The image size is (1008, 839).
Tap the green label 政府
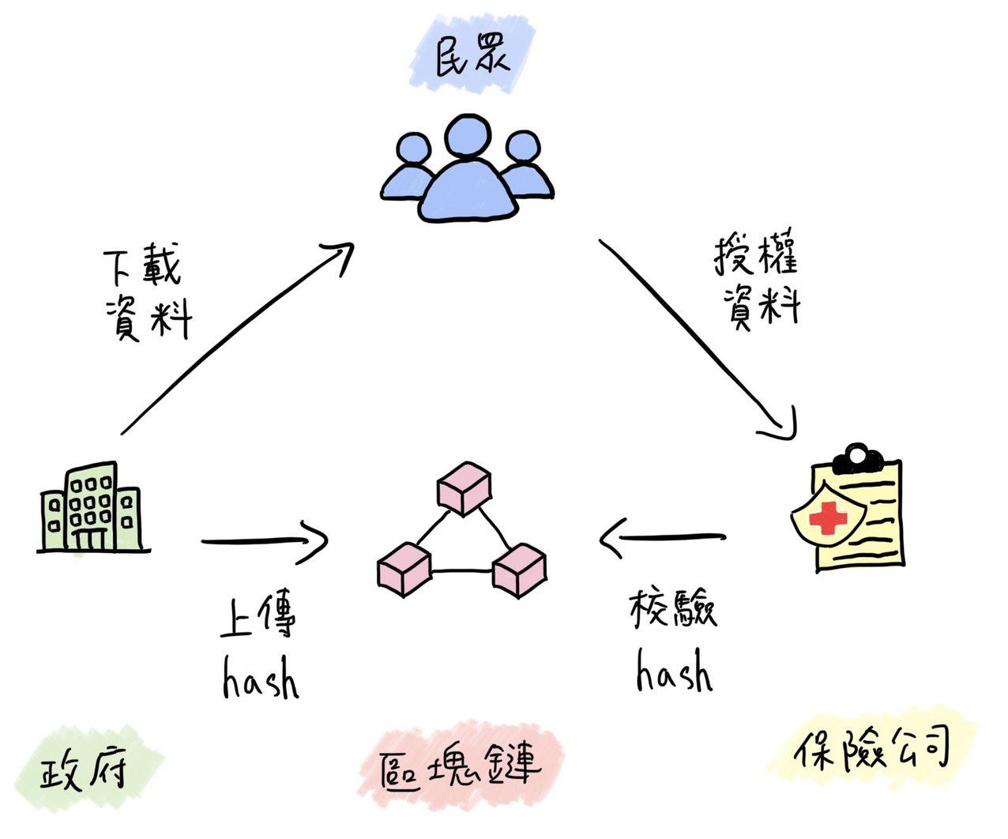tap(84, 766)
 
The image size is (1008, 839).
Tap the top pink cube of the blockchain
tap(464, 487)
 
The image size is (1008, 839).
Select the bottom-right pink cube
tap(519, 570)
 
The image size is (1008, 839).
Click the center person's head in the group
tap(467, 137)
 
